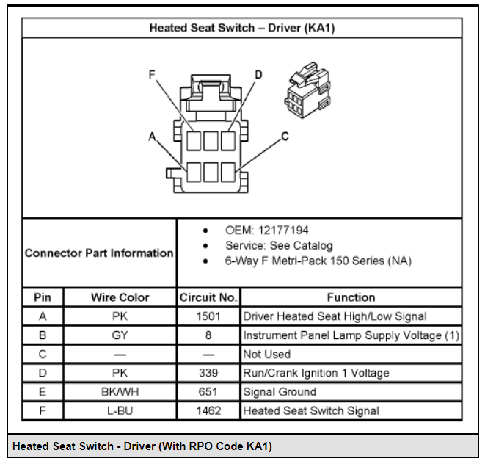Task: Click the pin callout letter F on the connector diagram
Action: point(152,75)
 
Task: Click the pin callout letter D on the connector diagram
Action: point(258,75)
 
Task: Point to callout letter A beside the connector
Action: point(152,137)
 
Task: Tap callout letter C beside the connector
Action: point(285,137)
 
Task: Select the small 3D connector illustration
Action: point(307,90)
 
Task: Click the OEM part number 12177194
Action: point(283,230)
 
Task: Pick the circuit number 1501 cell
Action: point(208,316)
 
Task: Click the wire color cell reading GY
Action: point(120,335)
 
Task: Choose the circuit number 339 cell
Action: point(208,373)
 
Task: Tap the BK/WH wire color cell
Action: point(120,392)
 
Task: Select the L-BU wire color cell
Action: point(120,410)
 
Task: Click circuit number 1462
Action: point(208,410)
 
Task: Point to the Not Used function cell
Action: point(266,354)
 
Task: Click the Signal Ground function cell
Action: point(280,392)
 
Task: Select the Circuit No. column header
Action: point(208,297)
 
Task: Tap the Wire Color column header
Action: point(120,297)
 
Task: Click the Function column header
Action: point(351,297)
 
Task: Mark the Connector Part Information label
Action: point(99,253)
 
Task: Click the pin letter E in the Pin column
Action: point(43,392)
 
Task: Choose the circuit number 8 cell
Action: point(208,335)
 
